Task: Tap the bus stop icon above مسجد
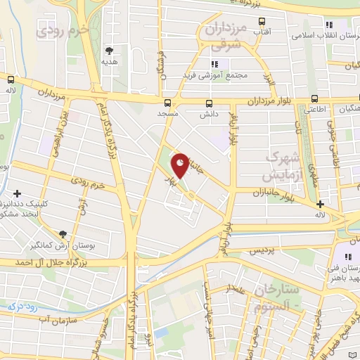coord(167,101)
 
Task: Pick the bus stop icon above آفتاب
coord(259,22)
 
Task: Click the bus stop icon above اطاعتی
coord(314,99)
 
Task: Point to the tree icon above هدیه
coord(108,51)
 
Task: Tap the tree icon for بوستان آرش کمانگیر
coord(64,233)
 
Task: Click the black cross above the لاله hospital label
coord(340,204)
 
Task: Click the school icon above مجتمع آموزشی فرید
coord(205,64)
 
